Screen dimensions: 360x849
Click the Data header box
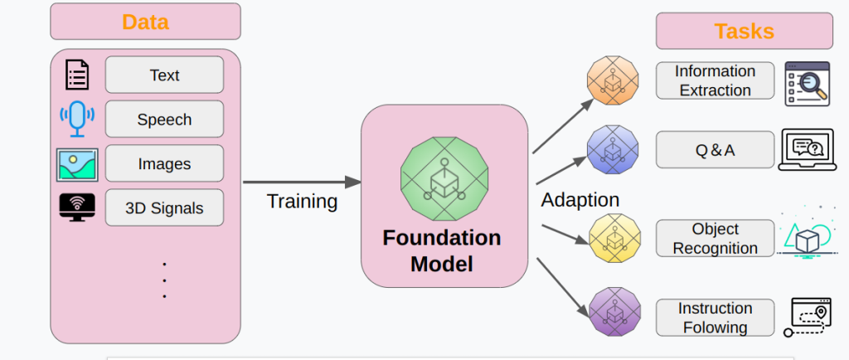pyautogui.click(x=145, y=22)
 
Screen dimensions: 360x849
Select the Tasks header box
pyautogui.click(x=744, y=32)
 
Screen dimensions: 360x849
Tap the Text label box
pyautogui.click(x=164, y=75)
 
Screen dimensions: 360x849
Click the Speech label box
pyautogui.click(x=164, y=119)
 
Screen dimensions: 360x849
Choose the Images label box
pyautogui.click(x=164, y=164)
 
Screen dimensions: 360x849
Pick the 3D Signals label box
pyautogui.click(x=164, y=207)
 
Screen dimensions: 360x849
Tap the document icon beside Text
pyautogui.click(x=77, y=75)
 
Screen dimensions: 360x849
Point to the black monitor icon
pyautogui.click(x=77, y=207)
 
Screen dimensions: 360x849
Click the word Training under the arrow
pyautogui.click(x=302, y=202)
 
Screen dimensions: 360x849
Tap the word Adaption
pyautogui.click(x=580, y=200)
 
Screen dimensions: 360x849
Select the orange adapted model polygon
pyautogui.click(x=614, y=81)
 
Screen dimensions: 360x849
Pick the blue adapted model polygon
pyautogui.click(x=614, y=149)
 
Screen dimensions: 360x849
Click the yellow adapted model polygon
pyautogui.click(x=614, y=237)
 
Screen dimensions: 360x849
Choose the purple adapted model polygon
pyautogui.click(x=614, y=312)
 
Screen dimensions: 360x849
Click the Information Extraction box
pyautogui.click(x=715, y=80)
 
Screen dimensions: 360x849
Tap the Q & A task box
pyautogui.click(x=715, y=150)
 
